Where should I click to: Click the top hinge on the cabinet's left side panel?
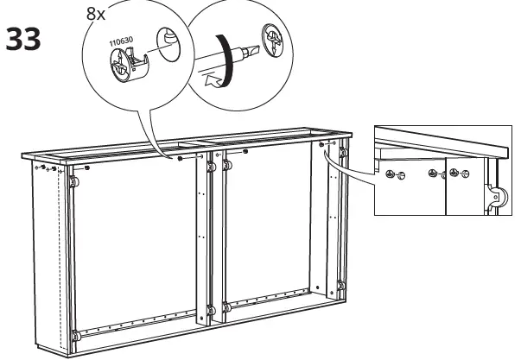(72, 183)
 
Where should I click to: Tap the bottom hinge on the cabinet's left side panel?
(74, 335)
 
